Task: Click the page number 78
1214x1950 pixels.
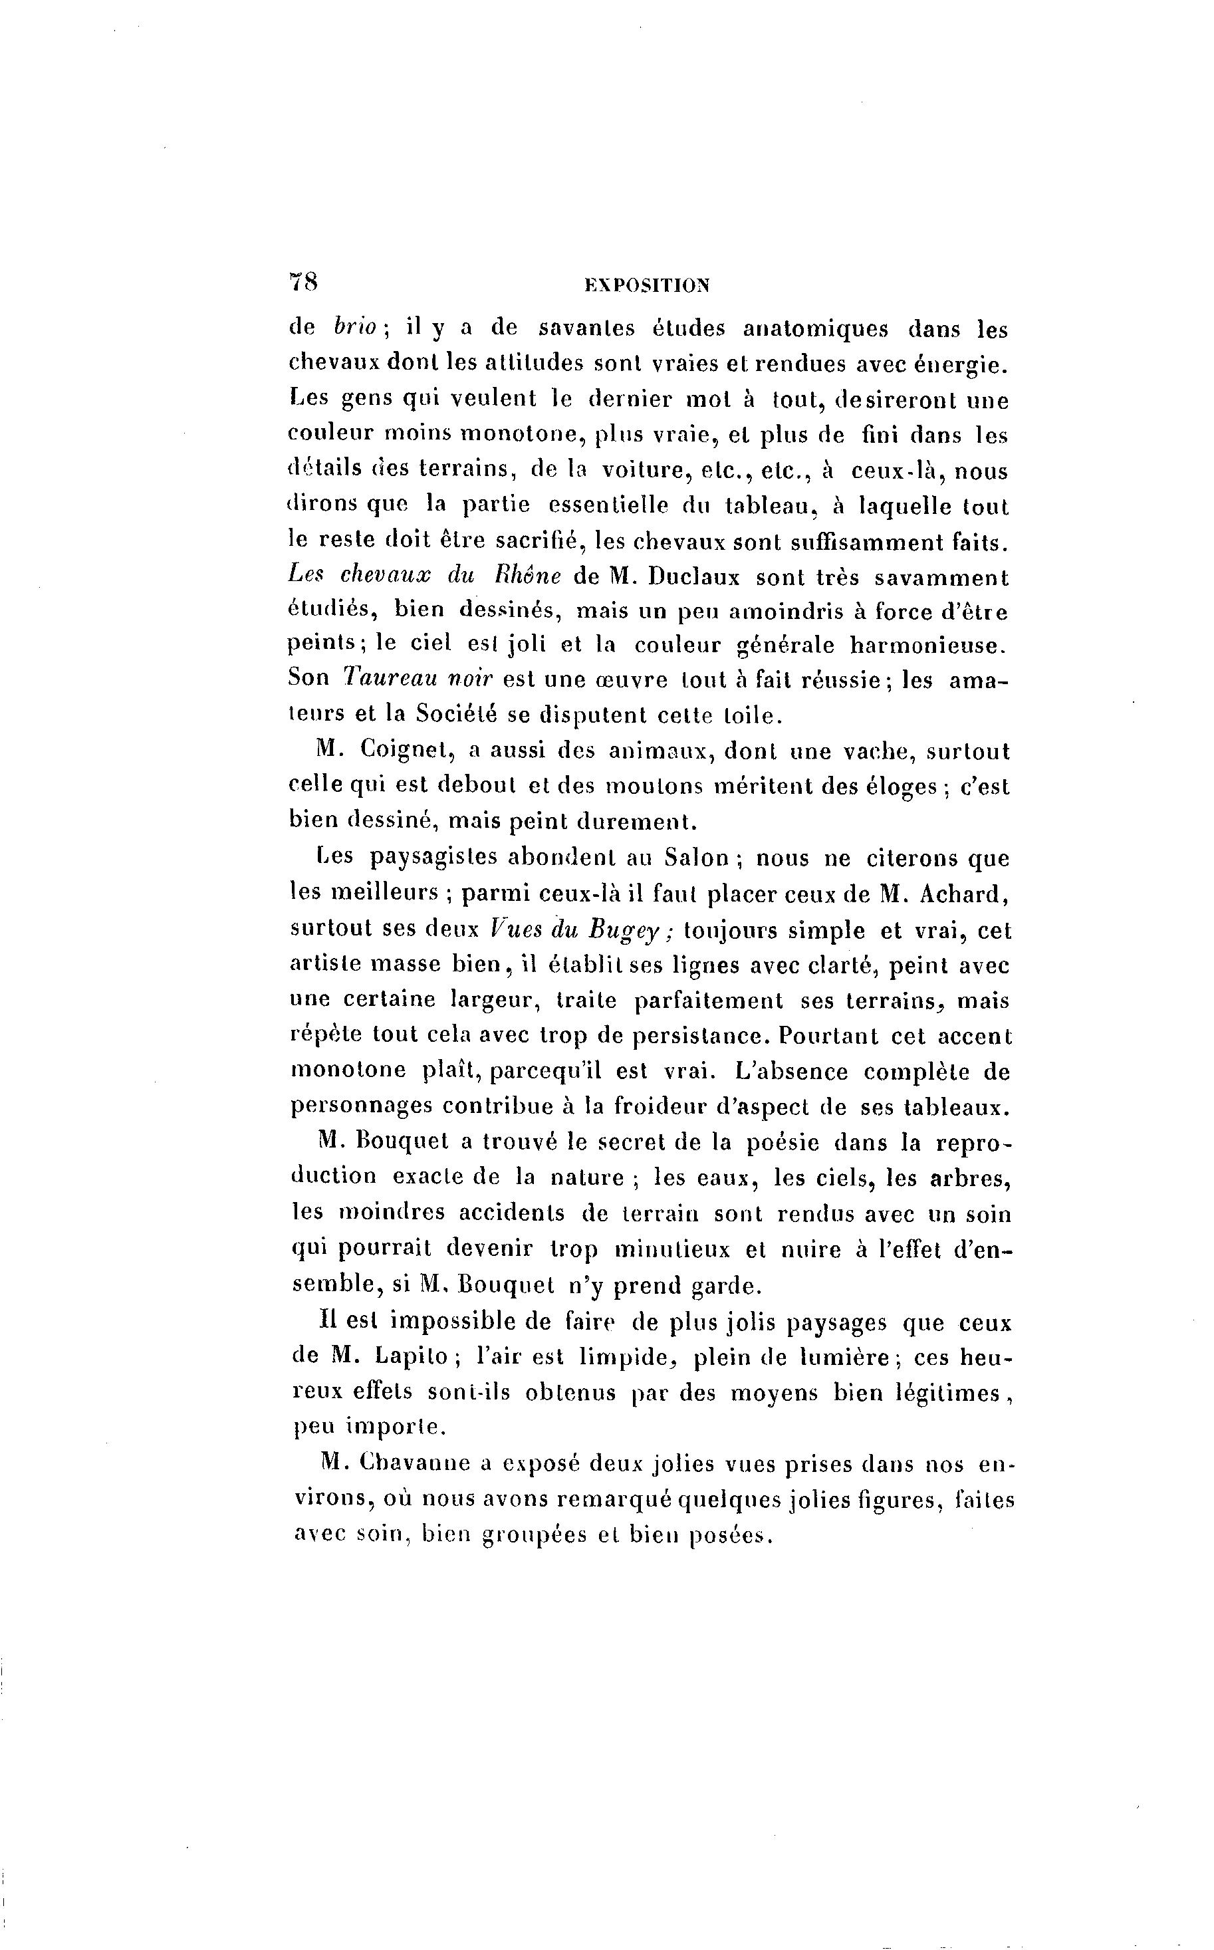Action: pyautogui.click(x=303, y=282)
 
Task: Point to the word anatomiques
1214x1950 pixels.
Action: pyautogui.click(x=816, y=329)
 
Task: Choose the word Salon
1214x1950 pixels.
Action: pyautogui.click(x=696, y=858)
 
